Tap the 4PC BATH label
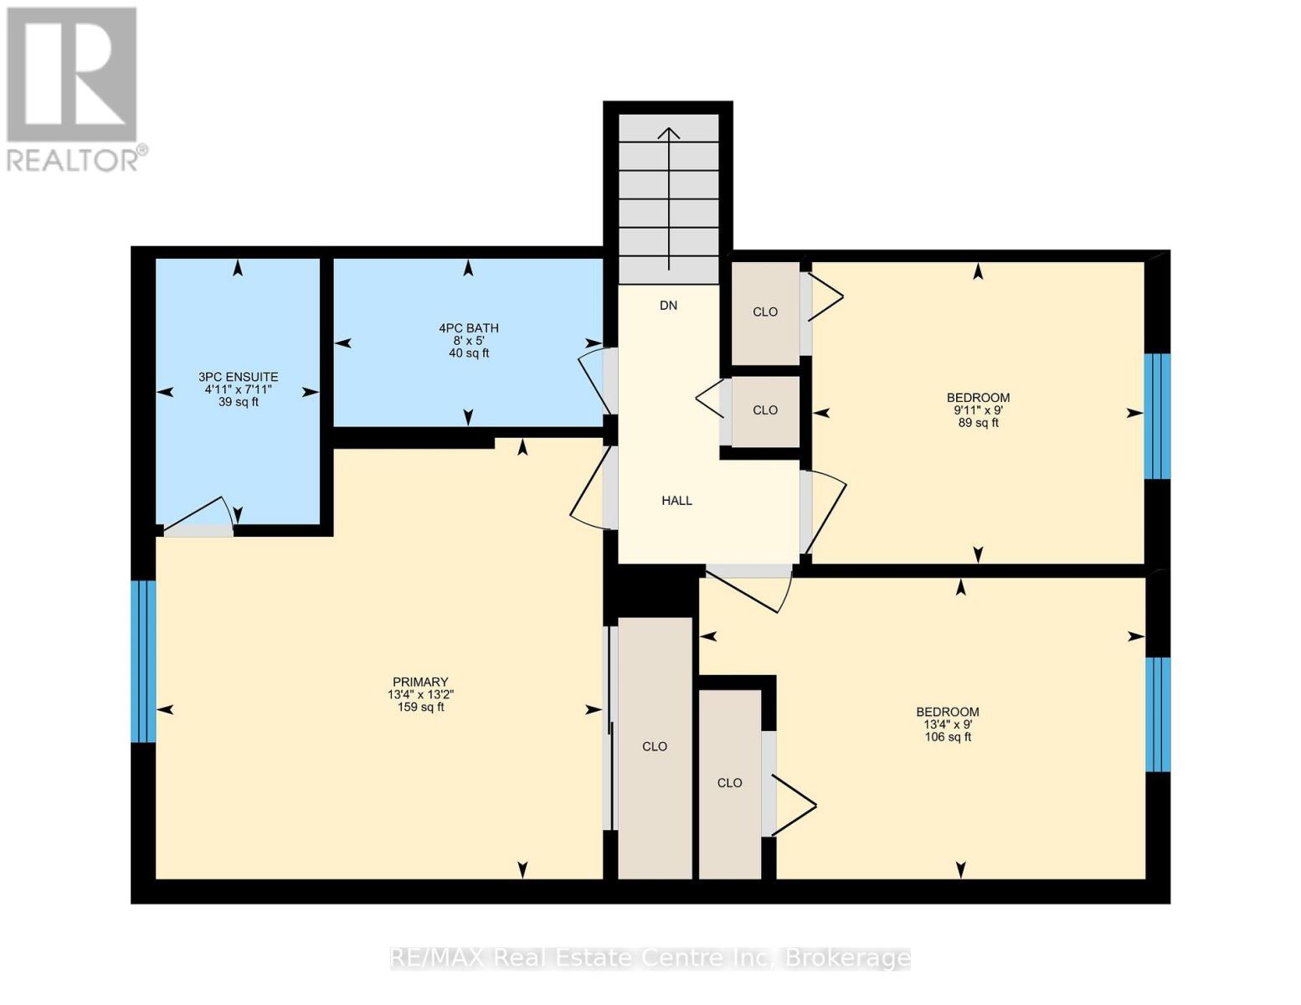(469, 328)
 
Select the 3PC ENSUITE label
(238, 378)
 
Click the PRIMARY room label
(420, 683)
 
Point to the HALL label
(676, 501)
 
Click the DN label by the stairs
(668, 306)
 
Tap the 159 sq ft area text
(420, 708)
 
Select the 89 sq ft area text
(978, 424)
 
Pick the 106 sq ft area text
(948, 738)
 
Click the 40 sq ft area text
(469, 353)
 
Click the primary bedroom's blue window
(143, 662)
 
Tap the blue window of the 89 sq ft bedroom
(1157, 416)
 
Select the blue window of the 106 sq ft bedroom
(1157, 714)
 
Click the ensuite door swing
(201, 517)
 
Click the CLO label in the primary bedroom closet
(655, 747)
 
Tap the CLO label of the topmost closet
(765, 312)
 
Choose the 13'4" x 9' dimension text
(948, 725)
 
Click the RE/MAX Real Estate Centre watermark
(650, 958)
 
